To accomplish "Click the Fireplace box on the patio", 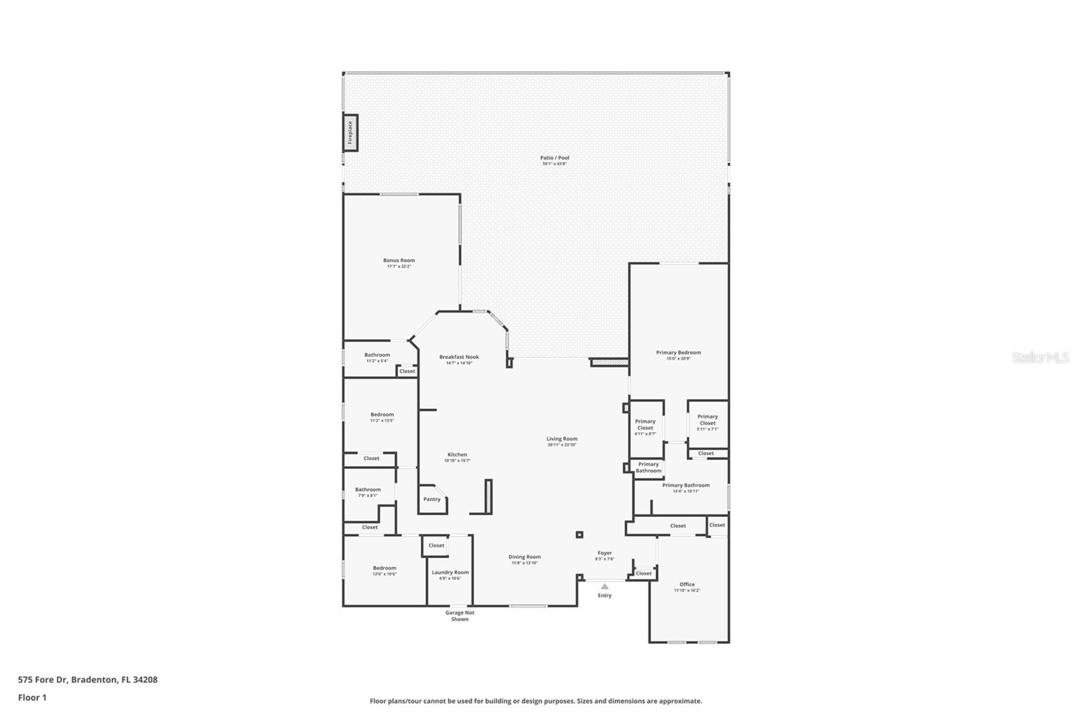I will click(x=350, y=133).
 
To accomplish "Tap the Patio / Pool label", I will click(x=555, y=158).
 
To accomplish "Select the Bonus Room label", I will click(x=399, y=260).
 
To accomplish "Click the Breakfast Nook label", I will click(x=459, y=357).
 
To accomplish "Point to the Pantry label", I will click(x=432, y=499).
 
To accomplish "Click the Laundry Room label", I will click(x=450, y=572).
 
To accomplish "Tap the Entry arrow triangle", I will click(x=604, y=586).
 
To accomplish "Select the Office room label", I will click(x=687, y=584).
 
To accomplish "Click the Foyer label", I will click(x=604, y=553).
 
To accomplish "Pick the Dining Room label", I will click(x=525, y=557).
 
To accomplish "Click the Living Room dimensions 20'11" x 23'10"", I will click(x=561, y=445).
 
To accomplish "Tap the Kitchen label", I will click(x=458, y=455).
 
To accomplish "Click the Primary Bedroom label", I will click(x=679, y=352).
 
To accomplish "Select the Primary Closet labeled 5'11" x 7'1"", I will click(x=708, y=420).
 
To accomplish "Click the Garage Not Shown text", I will click(x=460, y=616).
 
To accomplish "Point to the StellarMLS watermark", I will click(x=1040, y=358).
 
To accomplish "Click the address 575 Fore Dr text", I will click(x=88, y=679).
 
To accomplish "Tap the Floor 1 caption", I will click(x=32, y=698).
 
